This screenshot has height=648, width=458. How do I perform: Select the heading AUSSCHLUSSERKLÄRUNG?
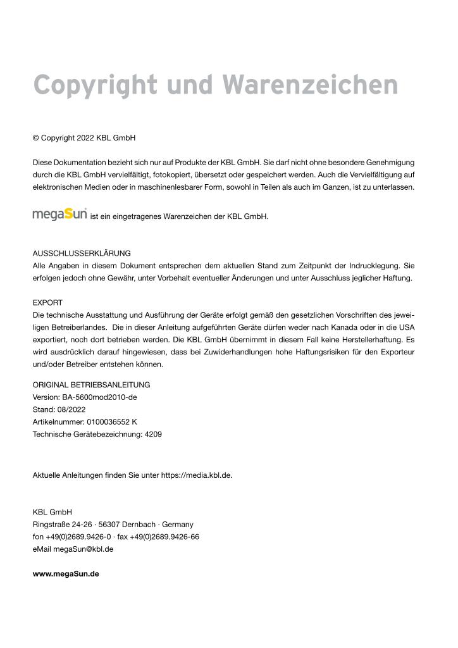pyautogui.click(x=82, y=253)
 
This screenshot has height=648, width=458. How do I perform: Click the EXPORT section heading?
pyautogui.click(x=47, y=302)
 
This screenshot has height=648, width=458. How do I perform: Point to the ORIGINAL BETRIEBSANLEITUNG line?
pyautogui.click(x=91, y=385)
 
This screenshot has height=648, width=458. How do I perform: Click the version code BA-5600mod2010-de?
pyautogui.click(x=99, y=397)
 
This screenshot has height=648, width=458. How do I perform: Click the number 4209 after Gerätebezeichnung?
pyautogui.click(x=153, y=435)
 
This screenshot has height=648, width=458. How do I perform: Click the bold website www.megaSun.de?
pyautogui.click(x=66, y=574)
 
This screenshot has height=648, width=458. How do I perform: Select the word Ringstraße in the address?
pyautogui.click(x=51, y=525)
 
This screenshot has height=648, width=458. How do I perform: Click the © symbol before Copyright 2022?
pyautogui.click(x=36, y=137)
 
